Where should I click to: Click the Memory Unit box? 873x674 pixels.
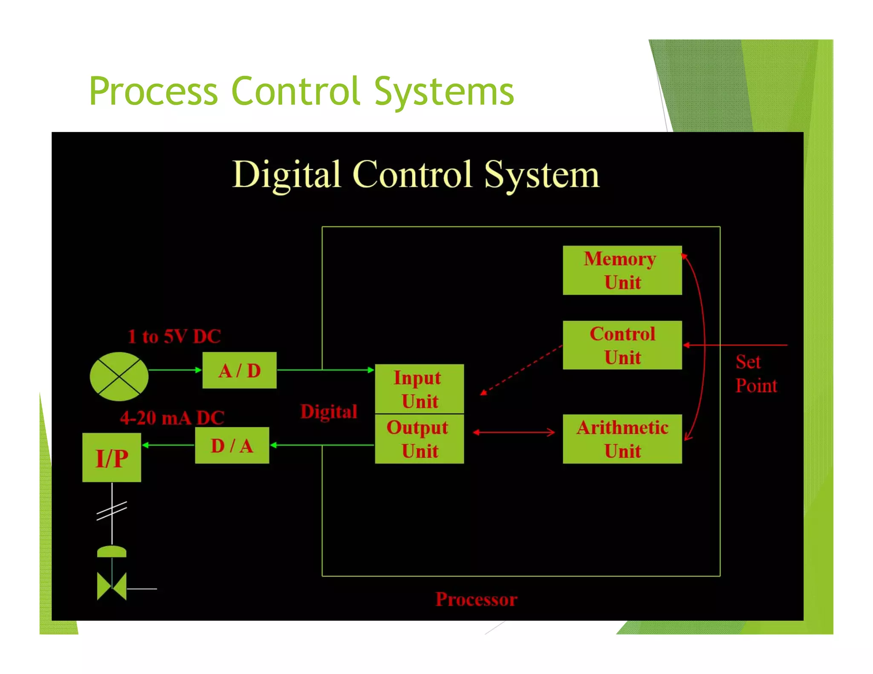pyautogui.click(x=622, y=270)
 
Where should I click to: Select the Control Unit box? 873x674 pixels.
pyautogui.click(x=622, y=345)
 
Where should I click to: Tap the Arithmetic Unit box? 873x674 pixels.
pyautogui.click(x=622, y=439)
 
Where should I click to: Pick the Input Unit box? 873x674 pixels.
pyautogui.click(x=419, y=389)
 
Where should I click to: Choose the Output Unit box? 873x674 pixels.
pyautogui.click(x=419, y=439)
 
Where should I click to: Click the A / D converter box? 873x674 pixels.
pyautogui.click(x=239, y=370)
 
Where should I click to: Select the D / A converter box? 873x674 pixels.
pyautogui.click(x=232, y=445)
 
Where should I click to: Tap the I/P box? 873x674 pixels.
pyautogui.click(x=112, y=458)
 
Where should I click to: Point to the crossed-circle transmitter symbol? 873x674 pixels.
pyautogui.click(x=119, y=376)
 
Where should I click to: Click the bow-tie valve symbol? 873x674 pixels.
pyautogui.click(x=112, y=586)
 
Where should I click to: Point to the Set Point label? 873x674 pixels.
pyautogui.click(x=756, y=374)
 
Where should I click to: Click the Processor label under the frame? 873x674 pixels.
pyautogui.click(x=476, y=599)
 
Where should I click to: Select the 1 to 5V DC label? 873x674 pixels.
pyautogui.click(x=174, y=336)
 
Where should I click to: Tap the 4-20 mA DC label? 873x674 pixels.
pyautogui.click(x=172, y=418)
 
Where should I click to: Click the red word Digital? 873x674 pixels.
pyautogui.click(x=329, y=412)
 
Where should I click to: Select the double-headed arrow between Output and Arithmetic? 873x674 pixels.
pyautogui.click(x=514, y=432)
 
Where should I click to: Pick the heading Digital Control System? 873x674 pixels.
pyautogui.click(x=416, y=175)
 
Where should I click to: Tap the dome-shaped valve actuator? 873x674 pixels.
pyautogui.click(x=112, y=551)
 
